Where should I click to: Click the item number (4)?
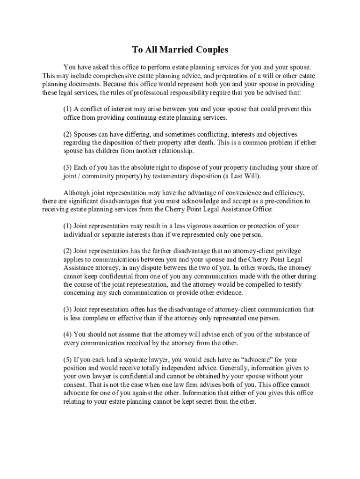pyautogui.click(x=68, y=334)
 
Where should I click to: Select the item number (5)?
pyautogui.click(x=68, y=360)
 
